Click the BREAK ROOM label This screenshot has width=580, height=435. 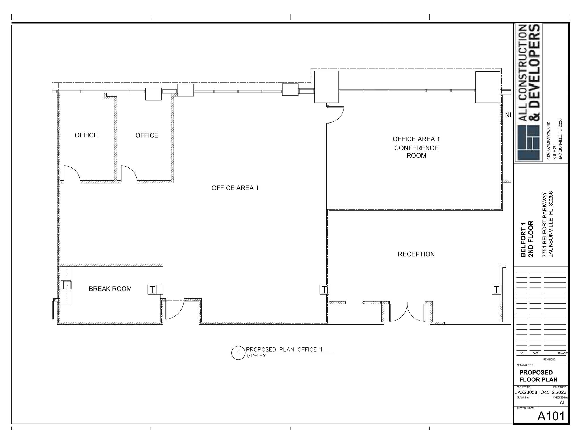click(110, 289)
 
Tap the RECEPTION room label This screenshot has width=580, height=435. click(416, 254)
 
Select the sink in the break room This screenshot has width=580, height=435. click(67, 285)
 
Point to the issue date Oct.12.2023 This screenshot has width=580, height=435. click(553, 392)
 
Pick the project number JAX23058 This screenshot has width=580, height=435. click(526, 392)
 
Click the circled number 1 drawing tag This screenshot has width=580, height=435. click(238, 353)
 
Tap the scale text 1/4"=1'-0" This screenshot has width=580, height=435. click(256, 356)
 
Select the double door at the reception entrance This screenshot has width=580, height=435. click(407, 313)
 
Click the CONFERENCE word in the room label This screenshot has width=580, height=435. click(416, 148)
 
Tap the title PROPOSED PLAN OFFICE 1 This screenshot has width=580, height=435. click(284, 349)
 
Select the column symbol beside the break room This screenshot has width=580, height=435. click(152, 290)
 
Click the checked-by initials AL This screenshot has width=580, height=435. click(562, 403)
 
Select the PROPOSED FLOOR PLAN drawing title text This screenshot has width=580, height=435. click(538, 376)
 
